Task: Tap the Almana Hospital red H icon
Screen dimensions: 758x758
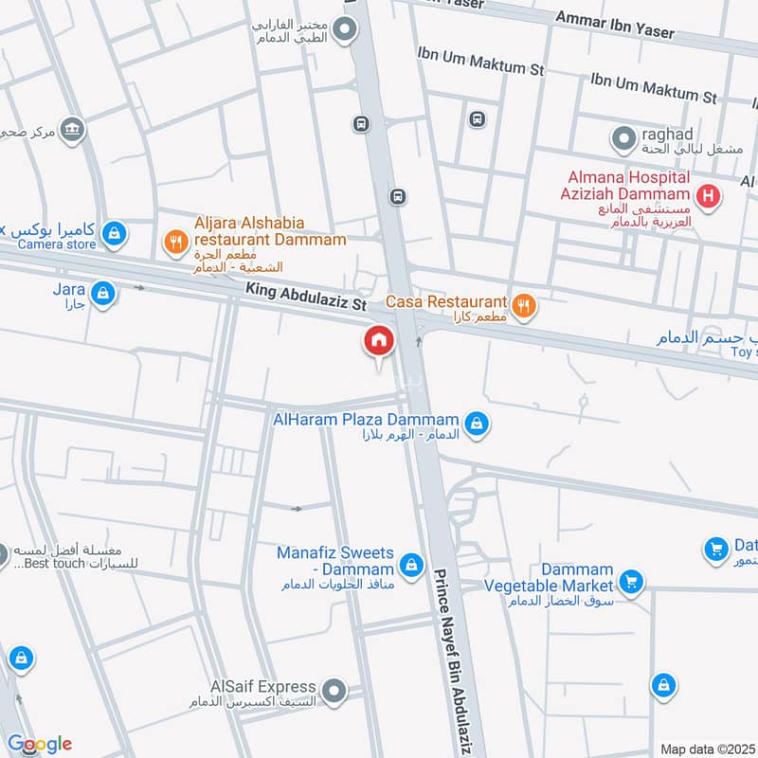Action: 706,197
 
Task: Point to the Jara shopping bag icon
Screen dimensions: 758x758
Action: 103,294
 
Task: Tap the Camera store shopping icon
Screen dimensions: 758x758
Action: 114,232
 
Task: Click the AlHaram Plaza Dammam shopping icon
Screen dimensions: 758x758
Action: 478,423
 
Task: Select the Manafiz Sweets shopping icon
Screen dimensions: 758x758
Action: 410,566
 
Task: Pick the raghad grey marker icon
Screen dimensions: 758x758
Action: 623,140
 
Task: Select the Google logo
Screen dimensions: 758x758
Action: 40,744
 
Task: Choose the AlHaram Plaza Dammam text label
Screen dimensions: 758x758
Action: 366,420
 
